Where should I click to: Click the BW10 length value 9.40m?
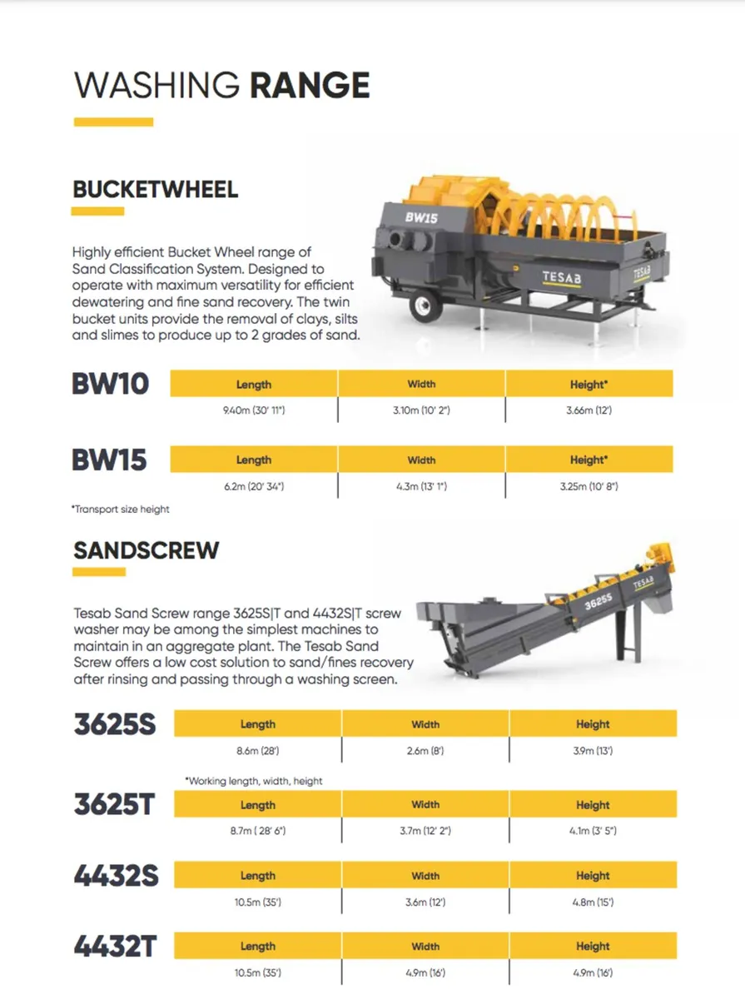[x=254, y=410]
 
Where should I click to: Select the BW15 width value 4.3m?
[x=421, y=485]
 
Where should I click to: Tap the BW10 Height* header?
[x=589, y=384]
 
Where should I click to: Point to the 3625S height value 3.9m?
[x=593, y=751]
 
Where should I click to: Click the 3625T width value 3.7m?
[x=425, y=831]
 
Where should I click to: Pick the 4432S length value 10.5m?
[x=257, y=902]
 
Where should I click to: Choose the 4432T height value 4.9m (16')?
[x=593, y=972]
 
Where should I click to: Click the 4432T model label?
[x=114, y=947]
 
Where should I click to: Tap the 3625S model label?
[x=115, y=724]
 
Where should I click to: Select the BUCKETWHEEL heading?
[x=156, y=189]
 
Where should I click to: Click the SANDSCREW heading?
[x=147, y=550]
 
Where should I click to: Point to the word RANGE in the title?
[x=310, y=86]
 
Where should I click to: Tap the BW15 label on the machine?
[x=421, y=216]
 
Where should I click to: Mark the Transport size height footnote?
[x=120, y=509]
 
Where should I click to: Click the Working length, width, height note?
[x=254, y=781]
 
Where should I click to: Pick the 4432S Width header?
[x=425, y=876]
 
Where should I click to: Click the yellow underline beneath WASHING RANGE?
[x=113, y=122]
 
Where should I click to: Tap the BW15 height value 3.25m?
[x=589, y=485]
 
